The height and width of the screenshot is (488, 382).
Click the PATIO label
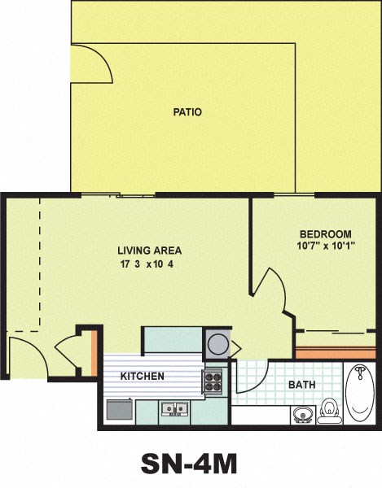(x=187, y=112)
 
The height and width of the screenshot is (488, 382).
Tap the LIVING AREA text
(x=149, y=251)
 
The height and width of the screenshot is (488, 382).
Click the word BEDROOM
(x=324, y=233)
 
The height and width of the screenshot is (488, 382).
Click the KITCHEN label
(x=143, y=377)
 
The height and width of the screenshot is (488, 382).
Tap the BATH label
(x=302, y=385)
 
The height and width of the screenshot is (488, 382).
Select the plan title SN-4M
(x=189, y=464)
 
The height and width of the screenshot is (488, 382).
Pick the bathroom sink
(x=302, y=415)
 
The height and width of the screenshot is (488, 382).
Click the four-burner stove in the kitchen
(x=213, y=381)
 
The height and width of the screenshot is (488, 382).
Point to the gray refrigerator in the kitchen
(x=119, y=408)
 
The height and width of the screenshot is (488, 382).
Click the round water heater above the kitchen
(x=217, y=342)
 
